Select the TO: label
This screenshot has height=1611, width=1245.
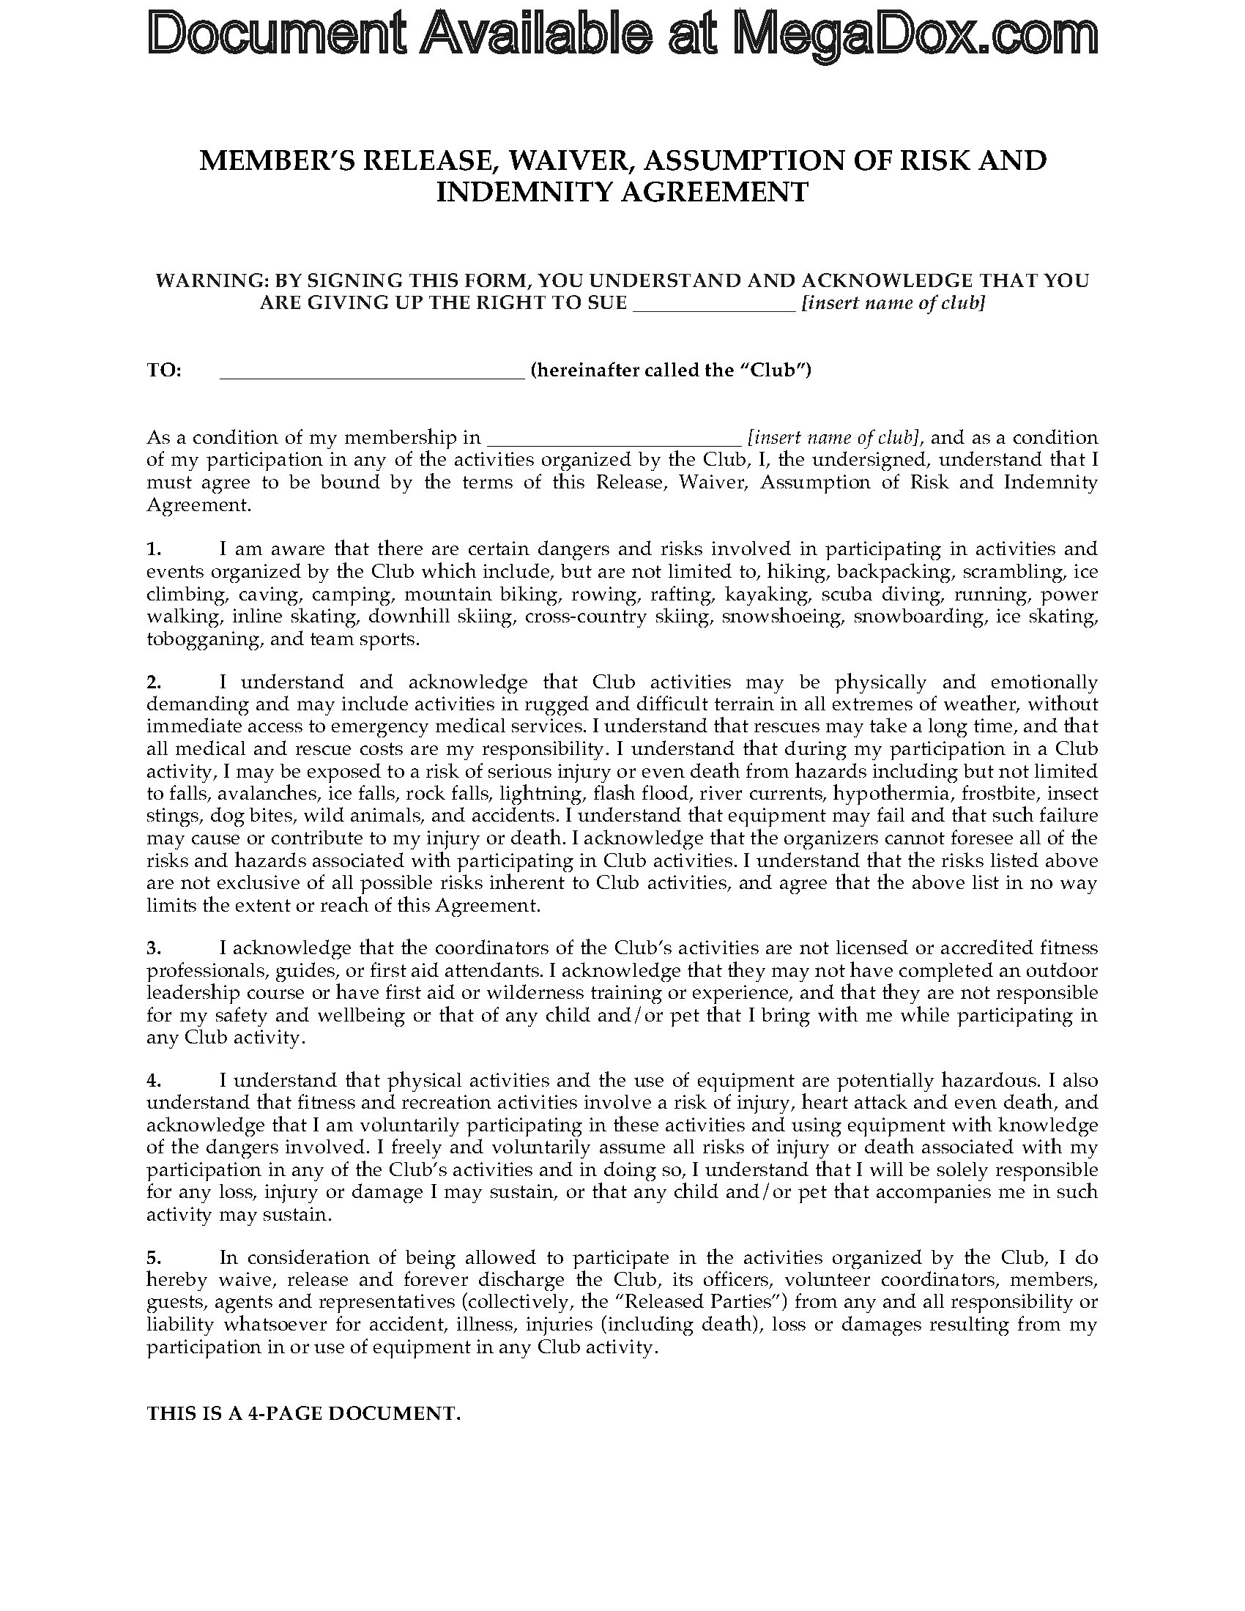[164, 371]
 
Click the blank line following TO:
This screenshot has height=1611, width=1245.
[372, 372]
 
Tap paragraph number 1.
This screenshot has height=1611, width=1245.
[152, 548]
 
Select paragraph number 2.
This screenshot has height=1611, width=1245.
[153, 682]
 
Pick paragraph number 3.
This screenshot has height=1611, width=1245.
[153, 948]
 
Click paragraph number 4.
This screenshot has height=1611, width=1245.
[153, 1081]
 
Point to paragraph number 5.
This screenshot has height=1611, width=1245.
[153, 1257]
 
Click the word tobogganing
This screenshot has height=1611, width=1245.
[204, 639]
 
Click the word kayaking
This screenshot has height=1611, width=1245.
[768, 595]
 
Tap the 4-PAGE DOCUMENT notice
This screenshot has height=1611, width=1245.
[304, 1414]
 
